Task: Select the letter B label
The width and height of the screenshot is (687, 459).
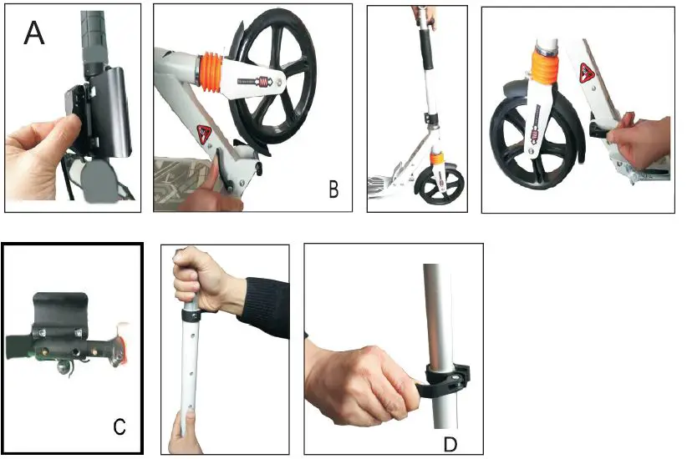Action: point(333,189)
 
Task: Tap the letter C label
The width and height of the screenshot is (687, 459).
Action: point(119,427)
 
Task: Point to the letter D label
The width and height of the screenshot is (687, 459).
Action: point(451,441)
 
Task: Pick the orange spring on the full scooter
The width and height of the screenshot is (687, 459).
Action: point(435,156)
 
